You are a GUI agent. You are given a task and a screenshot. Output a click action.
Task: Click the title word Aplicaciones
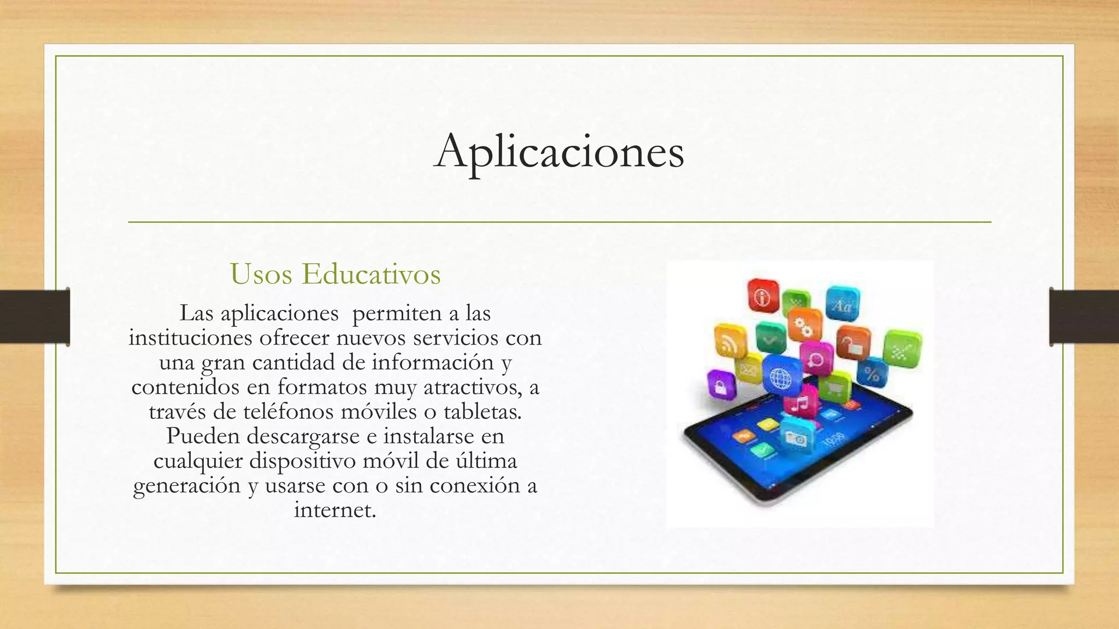(559, 151)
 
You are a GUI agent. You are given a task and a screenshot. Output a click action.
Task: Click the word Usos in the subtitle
(261, 274)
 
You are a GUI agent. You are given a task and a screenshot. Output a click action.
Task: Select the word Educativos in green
(371, 274)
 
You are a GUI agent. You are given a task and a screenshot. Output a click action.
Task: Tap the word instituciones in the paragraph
(190, 337)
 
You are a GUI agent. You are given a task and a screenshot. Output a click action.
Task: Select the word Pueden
(203, 436)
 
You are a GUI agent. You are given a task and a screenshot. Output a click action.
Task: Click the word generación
(186, 485)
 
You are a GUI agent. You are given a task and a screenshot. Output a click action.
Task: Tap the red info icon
(762, 295)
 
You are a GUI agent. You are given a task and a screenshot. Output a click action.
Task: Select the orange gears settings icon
(805, 326)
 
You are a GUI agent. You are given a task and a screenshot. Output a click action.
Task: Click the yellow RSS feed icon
(729, 342)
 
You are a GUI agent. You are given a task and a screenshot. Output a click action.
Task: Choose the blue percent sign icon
(871, 373)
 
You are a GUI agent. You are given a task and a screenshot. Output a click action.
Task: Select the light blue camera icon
(796, 437)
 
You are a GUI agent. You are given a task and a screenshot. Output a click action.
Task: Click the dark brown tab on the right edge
(1084, 317)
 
